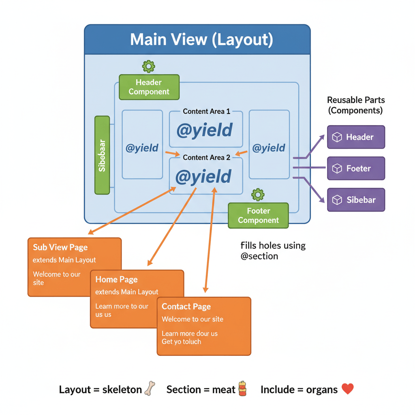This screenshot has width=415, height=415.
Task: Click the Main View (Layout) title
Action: tap(201, 40)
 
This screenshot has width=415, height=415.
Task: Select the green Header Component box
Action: tap(149, 87)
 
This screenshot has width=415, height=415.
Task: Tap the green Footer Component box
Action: tap(258, 216)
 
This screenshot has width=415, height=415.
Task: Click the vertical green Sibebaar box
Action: tap(102, 155)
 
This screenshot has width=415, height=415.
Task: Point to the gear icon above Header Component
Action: tap(149, 66)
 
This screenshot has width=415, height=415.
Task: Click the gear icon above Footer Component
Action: tap(258, 195)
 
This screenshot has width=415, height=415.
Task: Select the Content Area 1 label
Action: tap(206, 111)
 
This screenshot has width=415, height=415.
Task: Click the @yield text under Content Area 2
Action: tap(203, 177)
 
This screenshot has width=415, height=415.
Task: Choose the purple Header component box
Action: tap(356, 137)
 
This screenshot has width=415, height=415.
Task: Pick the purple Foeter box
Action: tap(356, 168)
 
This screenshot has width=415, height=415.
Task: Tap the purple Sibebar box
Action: tap(356, 200)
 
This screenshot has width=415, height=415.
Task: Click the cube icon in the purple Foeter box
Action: tap(337, 168)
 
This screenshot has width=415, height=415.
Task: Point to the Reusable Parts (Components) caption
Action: tap(356, 105)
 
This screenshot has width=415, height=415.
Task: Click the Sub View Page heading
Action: tap(60, 247)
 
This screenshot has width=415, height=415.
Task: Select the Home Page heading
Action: tap(116, 279)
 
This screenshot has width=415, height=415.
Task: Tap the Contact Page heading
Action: tap(186, 306)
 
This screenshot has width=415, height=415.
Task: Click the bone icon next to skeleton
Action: tap(150, 389)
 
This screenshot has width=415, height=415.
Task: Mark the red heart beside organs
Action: tap(347, 389)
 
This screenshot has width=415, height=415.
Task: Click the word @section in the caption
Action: tap(259, 256)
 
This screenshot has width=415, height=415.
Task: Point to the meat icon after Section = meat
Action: tap(242, 389)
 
